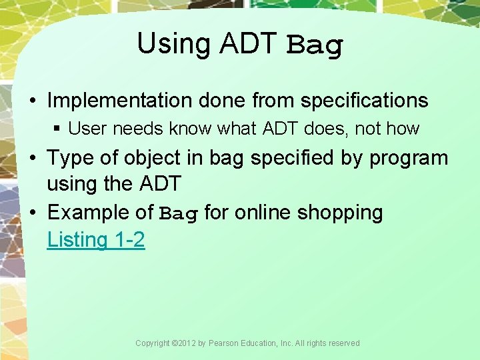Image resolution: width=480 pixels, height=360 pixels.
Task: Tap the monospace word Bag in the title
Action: point(315,45)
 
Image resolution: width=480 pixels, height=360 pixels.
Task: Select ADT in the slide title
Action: point(247,44)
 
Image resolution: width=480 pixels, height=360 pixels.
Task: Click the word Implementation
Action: point(119,101)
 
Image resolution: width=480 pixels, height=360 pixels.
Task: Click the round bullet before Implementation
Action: point(33,101)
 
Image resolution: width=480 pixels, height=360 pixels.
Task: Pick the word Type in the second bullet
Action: point(70,158)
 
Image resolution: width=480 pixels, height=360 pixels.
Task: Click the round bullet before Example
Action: point(33,213)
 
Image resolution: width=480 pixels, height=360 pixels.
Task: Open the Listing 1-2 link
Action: point(95,239)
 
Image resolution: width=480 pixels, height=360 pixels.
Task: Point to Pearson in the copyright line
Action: point(225,343)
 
